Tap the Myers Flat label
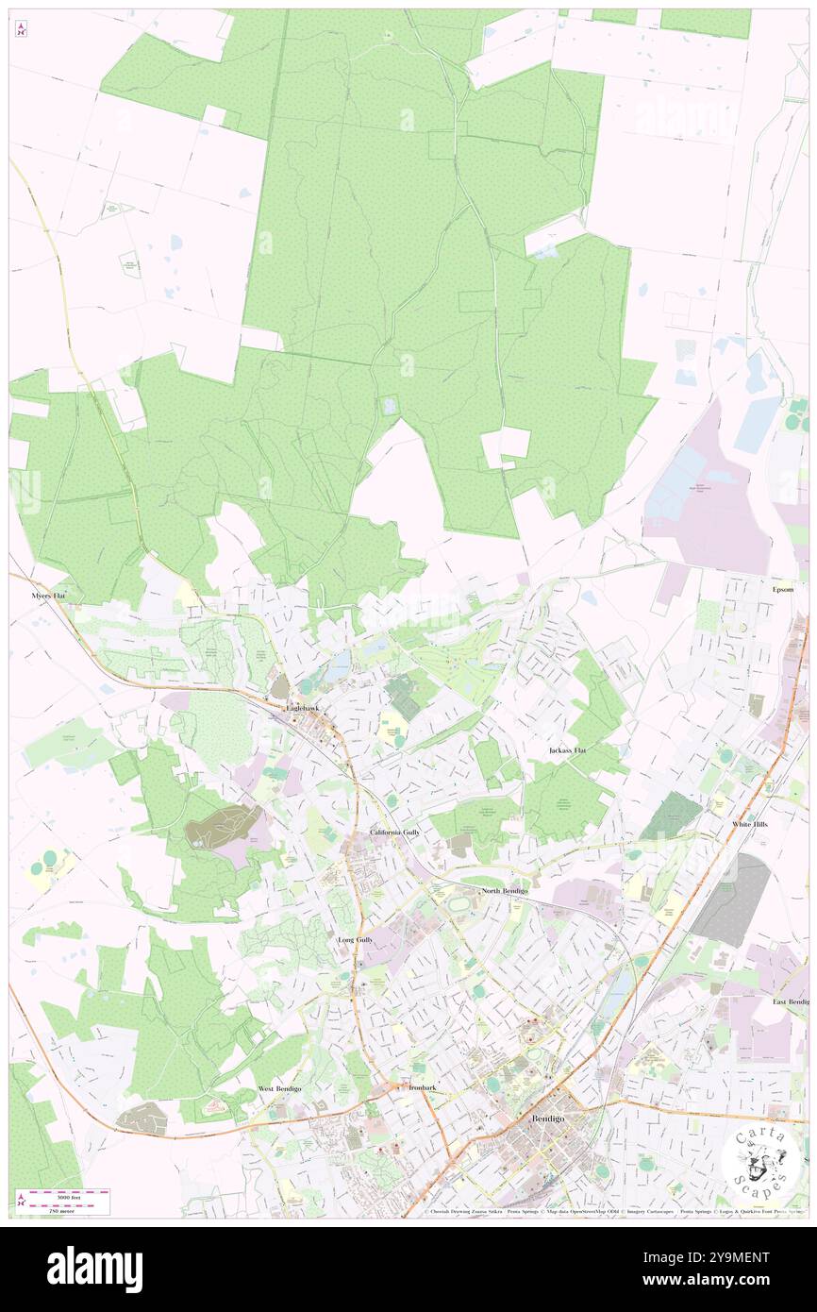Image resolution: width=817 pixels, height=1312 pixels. click(46, 597)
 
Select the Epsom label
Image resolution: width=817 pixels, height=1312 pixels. click(782, 589)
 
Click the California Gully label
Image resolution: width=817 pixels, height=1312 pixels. click(395, 833)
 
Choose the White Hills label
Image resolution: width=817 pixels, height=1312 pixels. click(753, 825)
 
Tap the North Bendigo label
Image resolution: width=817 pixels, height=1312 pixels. click(505, 891)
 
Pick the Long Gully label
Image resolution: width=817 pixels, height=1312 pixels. click(356, 941)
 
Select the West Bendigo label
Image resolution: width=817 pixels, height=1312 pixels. click(280, 1088)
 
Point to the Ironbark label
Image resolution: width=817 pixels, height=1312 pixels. click(423, 1087)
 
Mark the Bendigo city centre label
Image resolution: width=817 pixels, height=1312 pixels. click(548, 1119)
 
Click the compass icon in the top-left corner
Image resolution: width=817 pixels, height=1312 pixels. click(21, 30)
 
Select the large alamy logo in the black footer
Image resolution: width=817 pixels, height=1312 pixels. click(94, 1269)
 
